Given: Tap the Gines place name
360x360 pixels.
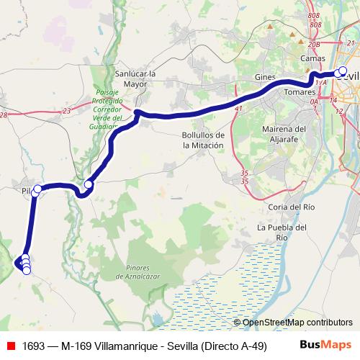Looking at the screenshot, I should pos(265,76).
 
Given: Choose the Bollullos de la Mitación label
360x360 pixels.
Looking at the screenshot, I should pos(204,140).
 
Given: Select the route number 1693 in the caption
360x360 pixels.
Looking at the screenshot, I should pos(35,346).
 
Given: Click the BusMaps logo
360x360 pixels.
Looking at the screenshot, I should pos(330,346).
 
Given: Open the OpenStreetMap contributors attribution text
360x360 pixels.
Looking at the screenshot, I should pos(294,323).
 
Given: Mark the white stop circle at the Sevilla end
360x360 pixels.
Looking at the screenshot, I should pos(342,71).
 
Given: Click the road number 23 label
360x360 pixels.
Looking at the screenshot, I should pos(67,110).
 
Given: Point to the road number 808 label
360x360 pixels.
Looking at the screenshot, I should pos(312,15).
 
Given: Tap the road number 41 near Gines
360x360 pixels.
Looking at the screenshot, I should pos(238,108).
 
